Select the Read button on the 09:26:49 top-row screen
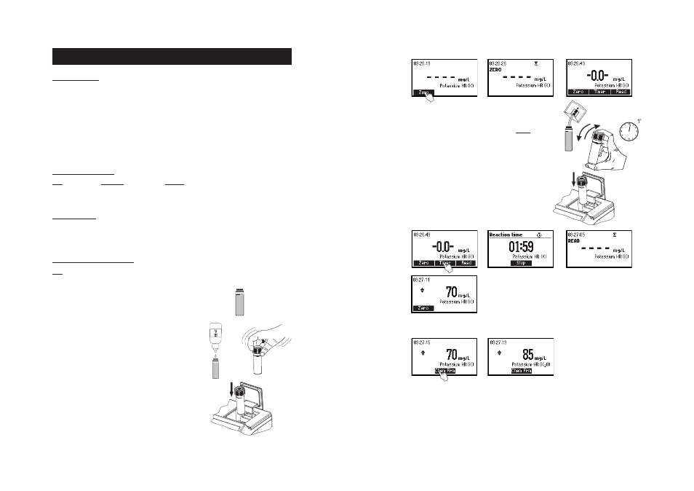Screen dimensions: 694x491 coord(620,93)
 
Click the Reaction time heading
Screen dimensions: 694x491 coord(506,235)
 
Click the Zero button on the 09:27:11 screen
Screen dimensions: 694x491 coord(423,308)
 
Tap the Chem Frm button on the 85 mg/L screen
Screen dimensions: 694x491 coord(522,371)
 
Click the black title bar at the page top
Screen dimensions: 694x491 coord(172,57)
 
